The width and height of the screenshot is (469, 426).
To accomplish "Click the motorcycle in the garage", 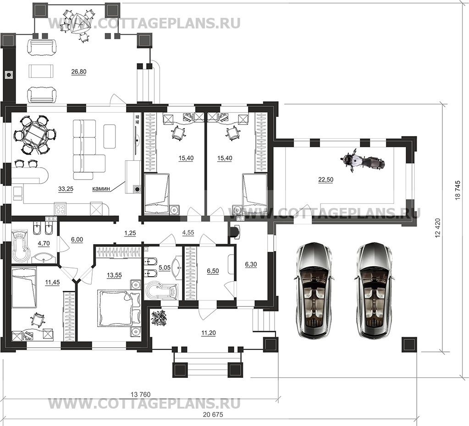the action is pos(363,161).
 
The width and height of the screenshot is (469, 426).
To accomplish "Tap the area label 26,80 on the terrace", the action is pos(79,72).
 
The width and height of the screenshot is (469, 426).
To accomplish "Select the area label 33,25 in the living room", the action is pos(66,189).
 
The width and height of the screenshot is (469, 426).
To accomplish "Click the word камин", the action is pos(101,189).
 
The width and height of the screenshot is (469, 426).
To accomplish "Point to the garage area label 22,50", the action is pos(326,180).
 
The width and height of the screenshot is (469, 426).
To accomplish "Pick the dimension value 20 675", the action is pos(213,415).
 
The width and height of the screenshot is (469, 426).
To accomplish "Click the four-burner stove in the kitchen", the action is pos(60,209).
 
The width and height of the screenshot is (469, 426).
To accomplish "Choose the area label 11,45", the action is pos(52,282).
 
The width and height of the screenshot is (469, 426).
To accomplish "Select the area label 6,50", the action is pos(213,271).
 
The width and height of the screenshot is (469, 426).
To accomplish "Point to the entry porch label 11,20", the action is pos(209,333).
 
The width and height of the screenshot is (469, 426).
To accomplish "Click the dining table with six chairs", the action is pos(35,135).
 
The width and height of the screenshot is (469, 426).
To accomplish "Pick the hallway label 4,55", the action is pos(188,232).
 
